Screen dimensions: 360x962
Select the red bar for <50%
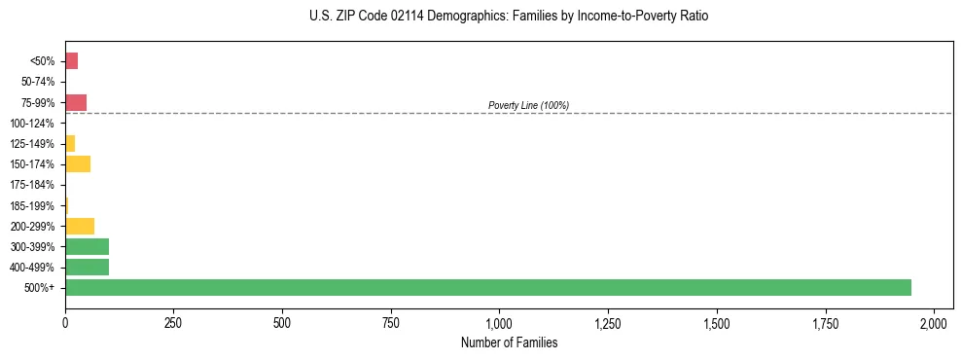(71, 61)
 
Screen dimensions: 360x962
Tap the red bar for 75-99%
(76, 102)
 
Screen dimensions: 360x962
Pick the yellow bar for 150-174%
(78, 163)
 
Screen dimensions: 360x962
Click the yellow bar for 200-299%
(80, 226)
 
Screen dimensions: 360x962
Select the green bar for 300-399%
(87, 246)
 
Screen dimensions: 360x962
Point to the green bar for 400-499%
(87, 267)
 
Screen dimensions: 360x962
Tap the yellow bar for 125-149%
(70, 143)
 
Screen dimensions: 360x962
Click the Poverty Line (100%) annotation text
(528, 105)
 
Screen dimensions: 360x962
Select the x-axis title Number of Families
(510, 342)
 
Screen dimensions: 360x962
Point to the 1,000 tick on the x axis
(499, 323)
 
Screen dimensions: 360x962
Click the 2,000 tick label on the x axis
(934, 323)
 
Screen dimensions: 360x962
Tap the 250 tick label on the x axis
(173, 323)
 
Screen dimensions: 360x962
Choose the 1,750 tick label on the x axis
(825, 323)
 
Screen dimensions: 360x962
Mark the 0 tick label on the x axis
(65, 323)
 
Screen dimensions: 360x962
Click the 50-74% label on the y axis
(39, 82)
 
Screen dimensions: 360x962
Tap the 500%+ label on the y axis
(41, 288)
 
